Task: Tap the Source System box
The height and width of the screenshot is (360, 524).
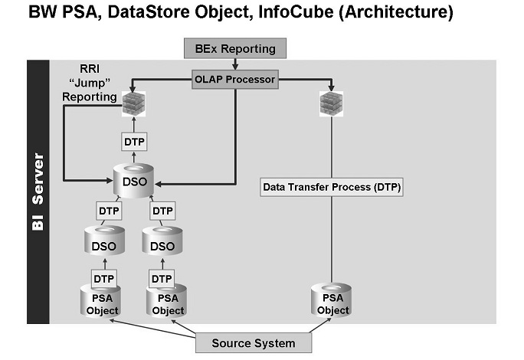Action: pos(254,342)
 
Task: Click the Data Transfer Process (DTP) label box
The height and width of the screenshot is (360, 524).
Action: pos(331,186)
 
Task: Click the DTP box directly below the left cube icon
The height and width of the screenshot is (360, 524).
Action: pos(134,142)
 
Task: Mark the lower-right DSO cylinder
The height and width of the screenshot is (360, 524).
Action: pos(162,243)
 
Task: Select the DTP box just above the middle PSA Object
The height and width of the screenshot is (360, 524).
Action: pos(162,277)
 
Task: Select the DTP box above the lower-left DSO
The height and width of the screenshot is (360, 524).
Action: pos(108,210)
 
